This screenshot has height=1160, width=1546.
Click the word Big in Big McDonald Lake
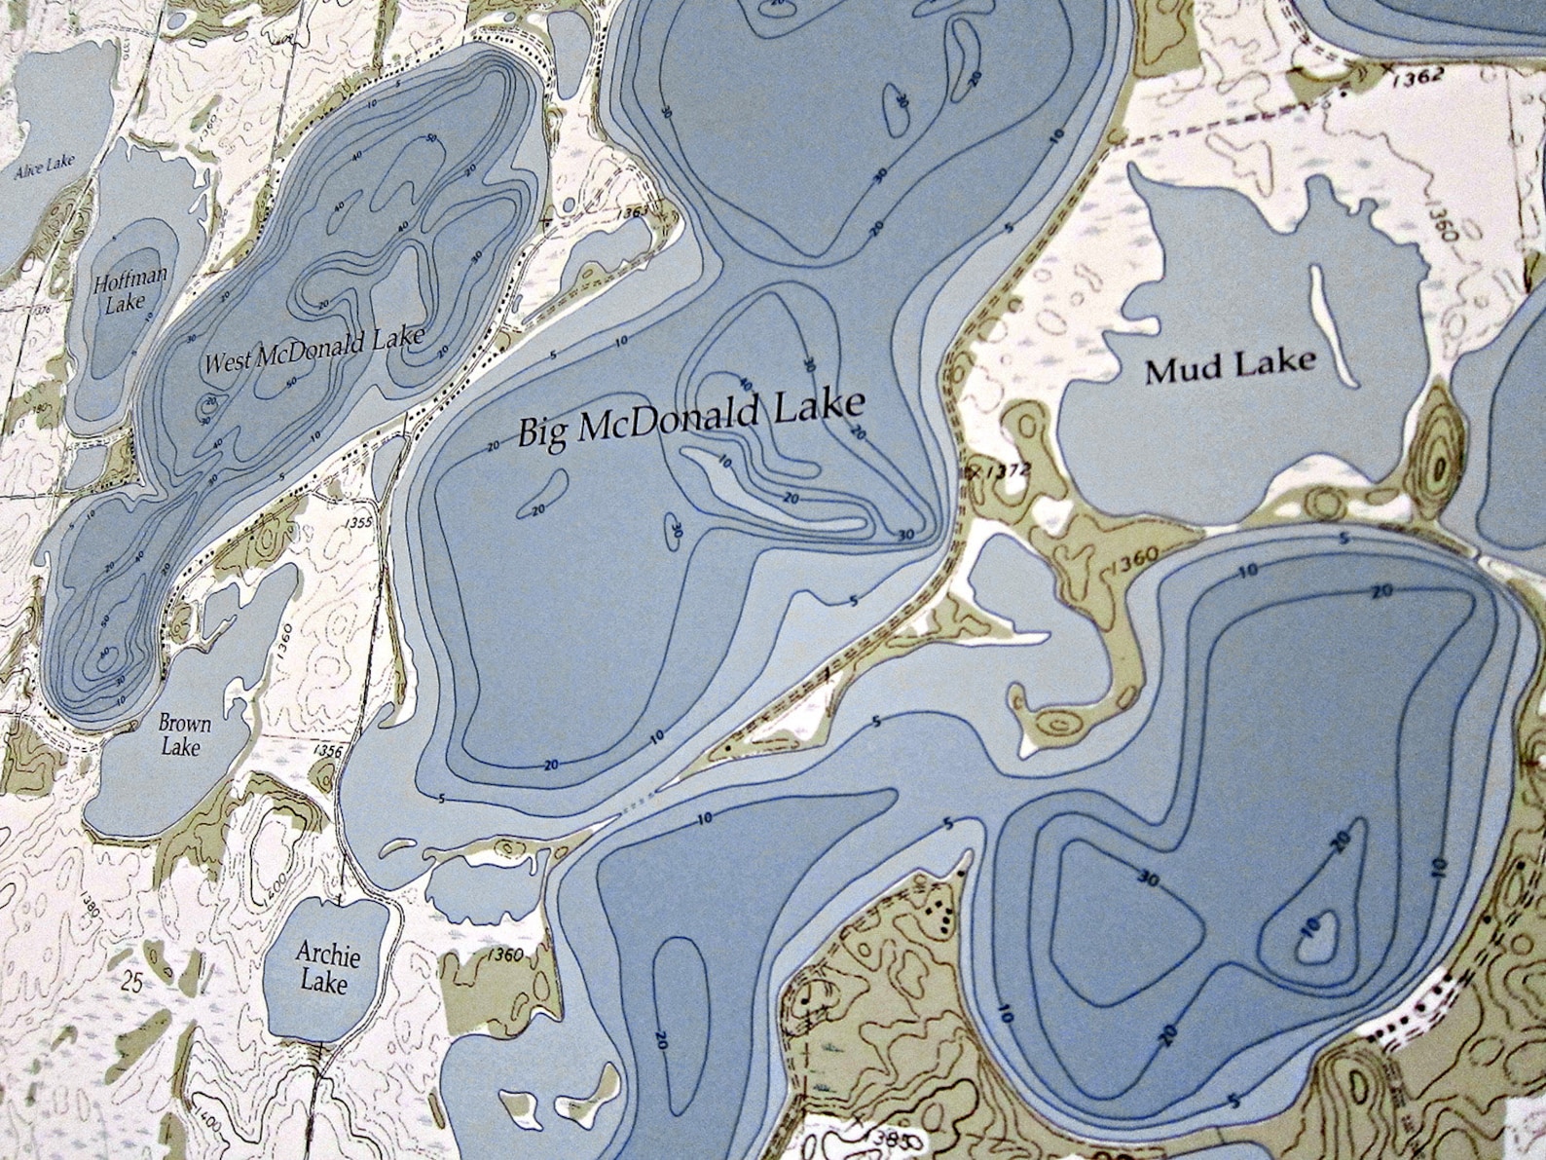click(x=543, y=430)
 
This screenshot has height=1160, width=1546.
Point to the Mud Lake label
click(x=1230, y=367)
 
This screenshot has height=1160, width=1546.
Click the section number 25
click(x=133, y=984)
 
